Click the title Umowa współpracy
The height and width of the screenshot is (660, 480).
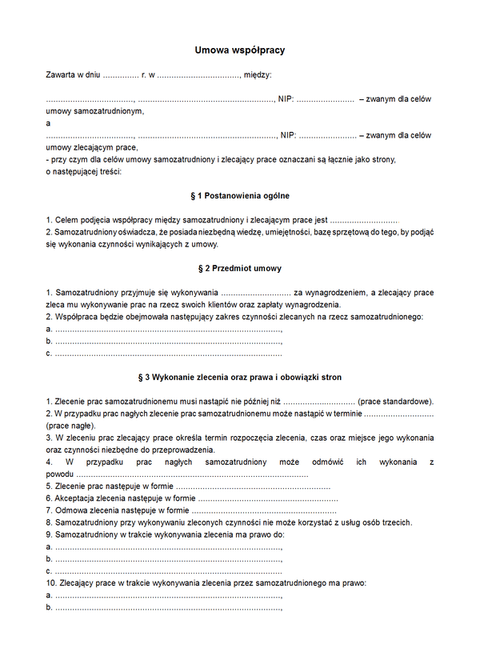[240, 50]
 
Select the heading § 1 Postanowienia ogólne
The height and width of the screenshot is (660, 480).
[240, 196]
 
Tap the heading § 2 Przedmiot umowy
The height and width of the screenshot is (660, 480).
[240, 269]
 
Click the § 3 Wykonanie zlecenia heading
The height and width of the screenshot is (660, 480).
[240, 376]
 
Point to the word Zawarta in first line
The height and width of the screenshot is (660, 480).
[61, 75]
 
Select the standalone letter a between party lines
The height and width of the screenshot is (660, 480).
[49, 123]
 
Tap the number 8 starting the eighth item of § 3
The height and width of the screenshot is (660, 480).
[49, 522]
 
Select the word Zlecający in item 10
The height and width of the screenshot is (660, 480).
[78, 583]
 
